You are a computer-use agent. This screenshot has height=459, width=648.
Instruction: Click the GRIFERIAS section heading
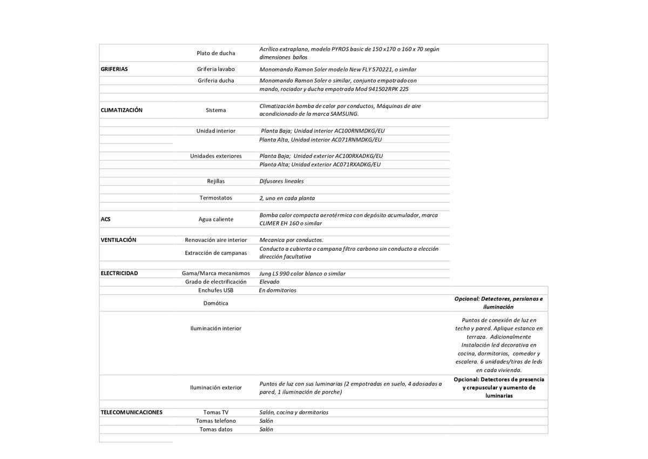[114, 69]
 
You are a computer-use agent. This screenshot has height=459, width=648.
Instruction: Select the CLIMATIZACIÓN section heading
[122, 110]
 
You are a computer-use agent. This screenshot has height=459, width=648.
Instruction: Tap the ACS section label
[105, 219]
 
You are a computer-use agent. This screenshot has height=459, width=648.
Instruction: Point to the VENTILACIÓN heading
[118, 240]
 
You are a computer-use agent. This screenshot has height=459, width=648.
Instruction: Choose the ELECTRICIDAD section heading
[119, 274]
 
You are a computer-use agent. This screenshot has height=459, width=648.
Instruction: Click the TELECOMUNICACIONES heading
[131, 413]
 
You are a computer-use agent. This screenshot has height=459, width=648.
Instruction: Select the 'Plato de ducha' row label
[215, 53]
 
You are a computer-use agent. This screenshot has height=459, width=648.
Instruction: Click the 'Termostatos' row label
[215, 198]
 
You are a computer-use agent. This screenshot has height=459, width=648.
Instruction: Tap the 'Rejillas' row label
[215, 181]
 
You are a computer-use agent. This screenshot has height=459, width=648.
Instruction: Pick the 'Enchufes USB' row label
[215, 290]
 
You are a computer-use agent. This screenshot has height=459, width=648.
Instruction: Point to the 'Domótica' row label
[215, 303]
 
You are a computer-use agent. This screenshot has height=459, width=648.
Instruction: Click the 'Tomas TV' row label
[215, 413]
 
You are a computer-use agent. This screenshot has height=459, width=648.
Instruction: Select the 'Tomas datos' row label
[215, 429]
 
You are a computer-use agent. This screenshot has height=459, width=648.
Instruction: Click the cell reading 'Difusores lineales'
[281, 181]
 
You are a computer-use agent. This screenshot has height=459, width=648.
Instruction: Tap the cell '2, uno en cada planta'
[287, 198]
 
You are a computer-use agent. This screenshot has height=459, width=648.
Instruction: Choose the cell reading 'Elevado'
[269, 282]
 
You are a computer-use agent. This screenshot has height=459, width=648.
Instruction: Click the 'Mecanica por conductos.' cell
[291, 240]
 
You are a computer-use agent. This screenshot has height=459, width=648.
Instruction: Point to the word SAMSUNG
[344, 114]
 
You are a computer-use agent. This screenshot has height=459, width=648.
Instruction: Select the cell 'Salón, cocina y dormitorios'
[294, 413]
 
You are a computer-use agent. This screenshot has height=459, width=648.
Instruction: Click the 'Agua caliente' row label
[215, 219]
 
